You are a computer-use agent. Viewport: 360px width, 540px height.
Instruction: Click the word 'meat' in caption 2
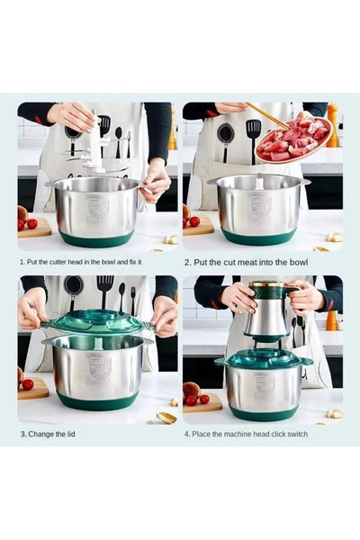tap(245, 263)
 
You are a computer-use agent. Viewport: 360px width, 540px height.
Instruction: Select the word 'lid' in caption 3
tap(70, 434)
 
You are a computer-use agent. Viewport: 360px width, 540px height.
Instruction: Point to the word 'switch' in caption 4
tap(297, 434)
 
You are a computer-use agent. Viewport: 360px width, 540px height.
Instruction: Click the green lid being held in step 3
tap(97, 321)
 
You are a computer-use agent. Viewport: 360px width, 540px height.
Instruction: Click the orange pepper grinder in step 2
tap(332, 125)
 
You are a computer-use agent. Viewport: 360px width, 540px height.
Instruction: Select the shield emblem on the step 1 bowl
tap(98, 208)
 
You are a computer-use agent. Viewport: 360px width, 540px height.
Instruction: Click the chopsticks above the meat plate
tap(269, 115)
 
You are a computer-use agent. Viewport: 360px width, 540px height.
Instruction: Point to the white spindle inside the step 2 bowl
tap(259, 182)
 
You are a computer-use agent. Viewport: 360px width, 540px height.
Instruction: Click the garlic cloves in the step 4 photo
tap(335, 414)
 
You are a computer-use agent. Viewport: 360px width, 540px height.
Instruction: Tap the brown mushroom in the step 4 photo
tap(192, 390)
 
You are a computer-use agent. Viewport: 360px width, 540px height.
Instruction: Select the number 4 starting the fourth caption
tap(186, 434)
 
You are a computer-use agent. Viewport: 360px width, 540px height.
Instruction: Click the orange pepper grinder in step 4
tap(331, 320)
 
